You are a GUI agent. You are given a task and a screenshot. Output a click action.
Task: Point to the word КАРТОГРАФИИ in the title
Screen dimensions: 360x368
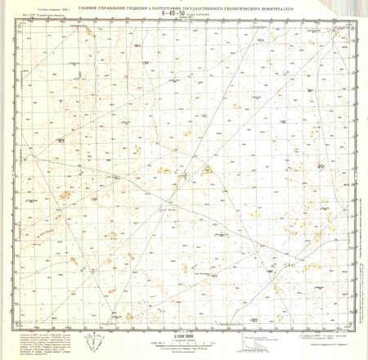pos(185,8)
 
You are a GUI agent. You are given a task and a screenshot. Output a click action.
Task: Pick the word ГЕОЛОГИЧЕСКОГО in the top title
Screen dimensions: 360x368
pos(274,8)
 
